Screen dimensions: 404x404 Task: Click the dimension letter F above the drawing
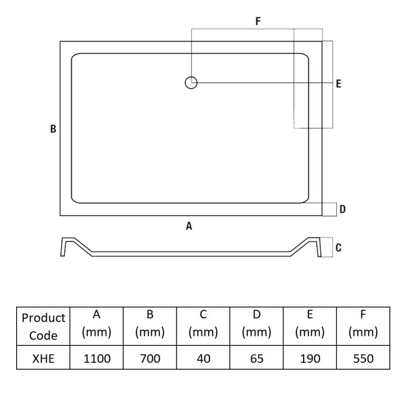coord(258,21)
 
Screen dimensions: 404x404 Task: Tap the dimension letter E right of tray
coord(338,84)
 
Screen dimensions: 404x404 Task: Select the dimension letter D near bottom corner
coord(342,209)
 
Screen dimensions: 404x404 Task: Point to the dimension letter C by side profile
coord(338,247)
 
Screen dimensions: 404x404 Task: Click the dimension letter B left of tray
coord(53,129)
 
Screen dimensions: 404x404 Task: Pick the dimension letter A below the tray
coord(189,226)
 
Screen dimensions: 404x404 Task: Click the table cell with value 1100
coord(96,358)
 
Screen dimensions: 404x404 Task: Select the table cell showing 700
coord(150,358)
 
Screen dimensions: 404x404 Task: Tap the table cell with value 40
coord(204,358)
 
